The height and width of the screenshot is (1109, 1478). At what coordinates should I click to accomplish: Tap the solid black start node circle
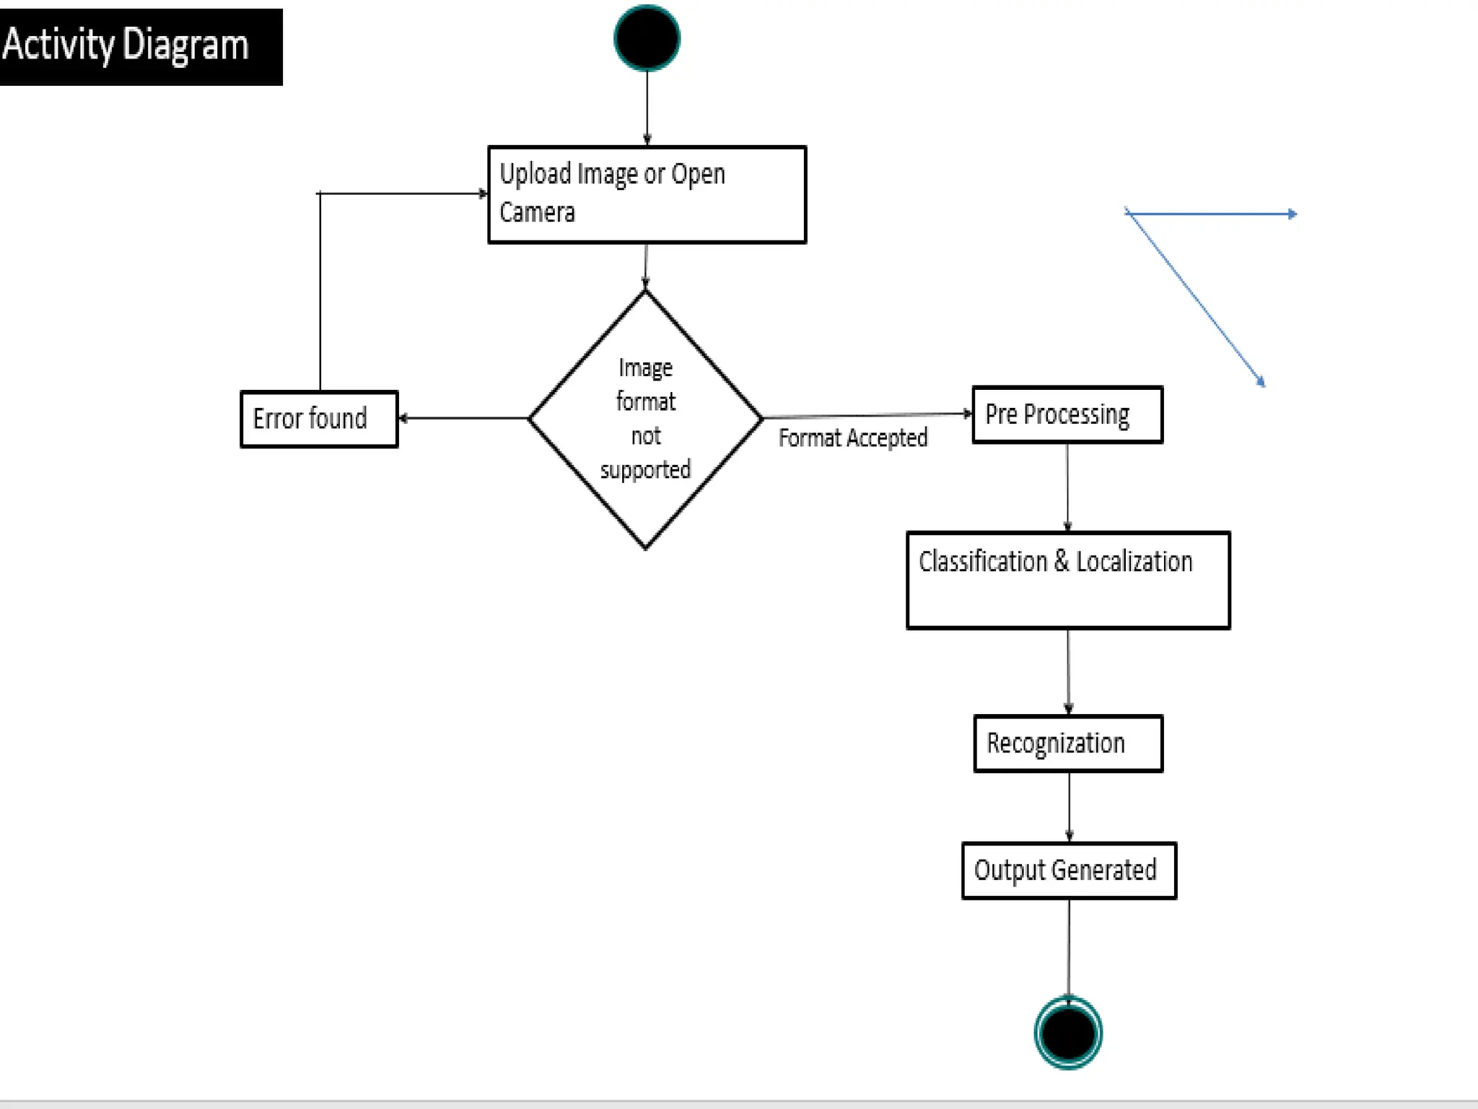coord(647,38)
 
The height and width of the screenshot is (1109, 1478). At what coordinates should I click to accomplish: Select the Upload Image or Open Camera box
coord(647,194)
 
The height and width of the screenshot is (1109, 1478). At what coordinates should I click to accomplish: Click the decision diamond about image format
coord(645,419)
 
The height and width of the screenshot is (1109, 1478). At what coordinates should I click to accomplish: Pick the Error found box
coord(318,419)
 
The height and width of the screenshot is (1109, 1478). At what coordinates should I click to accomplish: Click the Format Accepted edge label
coord(852,438)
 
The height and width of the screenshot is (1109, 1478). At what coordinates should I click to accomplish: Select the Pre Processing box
coord(1067,414)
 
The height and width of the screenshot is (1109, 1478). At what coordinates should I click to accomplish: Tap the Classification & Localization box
coord(1067,580)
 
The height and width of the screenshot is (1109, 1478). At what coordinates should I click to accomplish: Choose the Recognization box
coord(1067,743)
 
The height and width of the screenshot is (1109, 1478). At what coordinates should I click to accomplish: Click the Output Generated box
coord(1068,870)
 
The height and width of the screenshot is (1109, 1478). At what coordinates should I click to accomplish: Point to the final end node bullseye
coord(1068,1032)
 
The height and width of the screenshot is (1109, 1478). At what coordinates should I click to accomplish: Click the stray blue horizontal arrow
coord(1212,214)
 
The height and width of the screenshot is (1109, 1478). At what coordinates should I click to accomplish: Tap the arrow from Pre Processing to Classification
coord(1067,487)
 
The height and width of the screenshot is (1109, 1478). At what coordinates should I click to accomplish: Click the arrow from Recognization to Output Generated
coord(1069,806)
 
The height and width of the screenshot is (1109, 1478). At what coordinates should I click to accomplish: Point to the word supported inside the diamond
coord(645,470)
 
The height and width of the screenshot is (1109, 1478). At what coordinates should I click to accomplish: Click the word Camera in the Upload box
coord(537,212)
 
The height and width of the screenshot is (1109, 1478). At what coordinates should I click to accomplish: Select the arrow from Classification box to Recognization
coord(1068,671)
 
